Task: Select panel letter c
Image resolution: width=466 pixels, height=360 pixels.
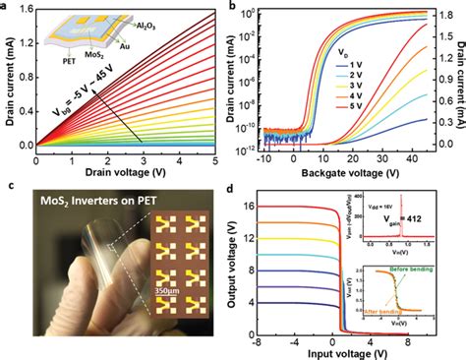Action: [x=7, y=185]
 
